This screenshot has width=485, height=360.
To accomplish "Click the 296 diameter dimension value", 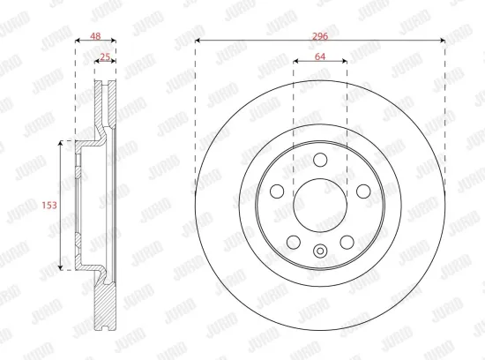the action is (320, 36).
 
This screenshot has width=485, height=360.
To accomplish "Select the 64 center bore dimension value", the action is (320, 56).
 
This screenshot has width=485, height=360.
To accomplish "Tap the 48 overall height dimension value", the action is (95, 36).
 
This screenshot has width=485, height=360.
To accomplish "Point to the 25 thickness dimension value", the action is (105, 57).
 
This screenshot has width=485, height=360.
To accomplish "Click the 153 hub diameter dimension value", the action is (49, 205).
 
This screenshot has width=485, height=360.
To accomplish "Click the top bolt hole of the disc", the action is (320, 160).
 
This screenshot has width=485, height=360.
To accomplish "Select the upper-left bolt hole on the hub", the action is (277, 191).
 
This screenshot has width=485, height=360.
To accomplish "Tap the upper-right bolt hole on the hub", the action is (363, 191).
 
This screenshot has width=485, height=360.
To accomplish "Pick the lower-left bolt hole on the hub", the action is (294, 242).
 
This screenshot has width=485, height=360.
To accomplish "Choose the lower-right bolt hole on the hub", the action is (347, 242).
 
